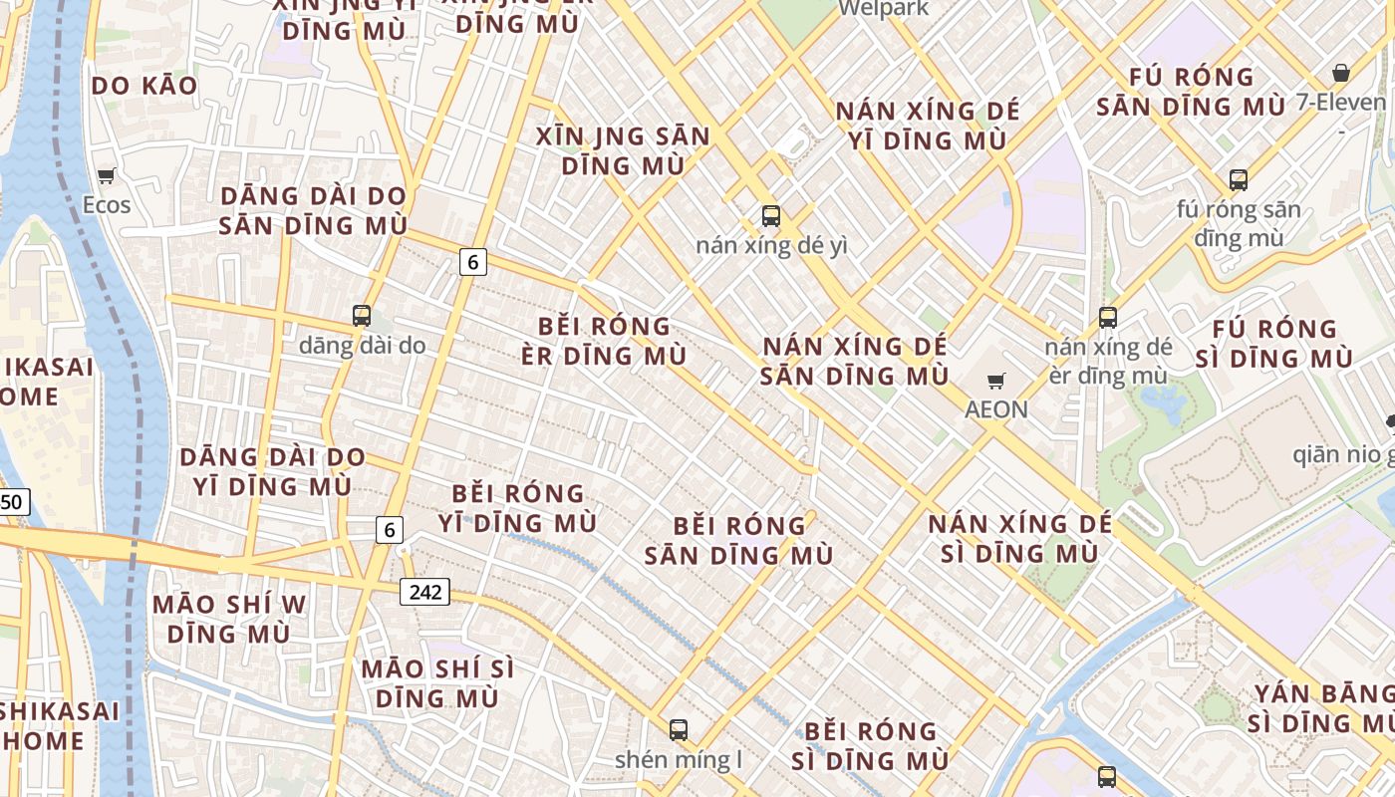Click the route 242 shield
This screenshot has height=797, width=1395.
(x=425, y=592)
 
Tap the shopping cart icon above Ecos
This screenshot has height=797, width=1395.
(x=107, y=176)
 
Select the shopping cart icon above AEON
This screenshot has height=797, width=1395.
(x=995, y=381)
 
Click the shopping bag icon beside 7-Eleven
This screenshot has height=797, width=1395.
(x=1341, y=73)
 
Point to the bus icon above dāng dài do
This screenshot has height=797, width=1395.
(x=362, y=316)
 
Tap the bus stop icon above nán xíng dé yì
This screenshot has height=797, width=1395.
(x=770, y=215)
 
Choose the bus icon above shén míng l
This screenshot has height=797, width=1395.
(x=679, y=730)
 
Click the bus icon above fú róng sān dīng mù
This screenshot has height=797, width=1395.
(x=1239, y=180)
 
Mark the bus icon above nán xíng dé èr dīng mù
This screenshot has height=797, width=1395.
(x=1108, y=318)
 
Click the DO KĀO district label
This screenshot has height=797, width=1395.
(x=144, y=87)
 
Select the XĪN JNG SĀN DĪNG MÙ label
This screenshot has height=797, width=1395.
(x=623, y=150)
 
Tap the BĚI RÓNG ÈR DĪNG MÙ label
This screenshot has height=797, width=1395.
(x=604, y=341)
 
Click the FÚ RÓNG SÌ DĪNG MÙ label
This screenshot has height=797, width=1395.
(x=1273, y=344)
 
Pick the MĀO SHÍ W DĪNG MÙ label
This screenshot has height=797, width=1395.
(x=228, y=619)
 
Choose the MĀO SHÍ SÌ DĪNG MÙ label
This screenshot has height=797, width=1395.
(x=438, y=682)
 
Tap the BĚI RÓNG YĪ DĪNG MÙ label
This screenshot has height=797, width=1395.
(x=517, y=508)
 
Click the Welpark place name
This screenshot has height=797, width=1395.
(x=883, y=9)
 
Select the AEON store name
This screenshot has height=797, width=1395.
(x=995, y=409)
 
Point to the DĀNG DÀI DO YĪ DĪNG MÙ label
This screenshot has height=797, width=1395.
(x=272, y=472)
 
